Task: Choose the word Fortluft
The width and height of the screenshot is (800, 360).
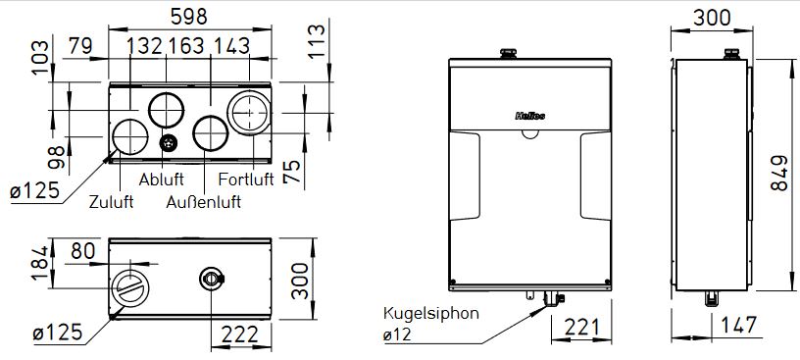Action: [x=246, y=180]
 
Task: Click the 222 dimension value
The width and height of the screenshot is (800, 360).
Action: [x=239, y=334]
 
